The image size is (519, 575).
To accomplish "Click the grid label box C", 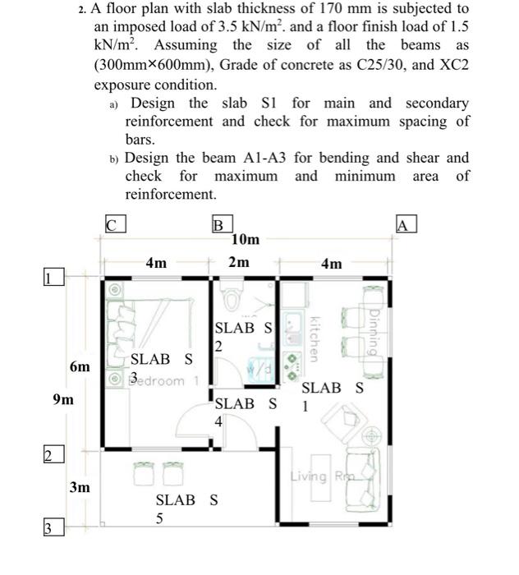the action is (114, 223).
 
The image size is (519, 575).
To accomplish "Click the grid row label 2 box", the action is (51, 455).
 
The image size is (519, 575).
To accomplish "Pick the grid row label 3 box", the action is (51, 528).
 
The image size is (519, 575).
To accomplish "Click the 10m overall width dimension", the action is (245, 240).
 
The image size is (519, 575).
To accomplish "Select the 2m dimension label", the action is (238, 263).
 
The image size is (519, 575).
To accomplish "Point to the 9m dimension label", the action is (62, 400).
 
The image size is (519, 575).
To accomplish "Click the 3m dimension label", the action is (80, 487).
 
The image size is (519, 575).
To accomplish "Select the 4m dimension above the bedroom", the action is (156, 263).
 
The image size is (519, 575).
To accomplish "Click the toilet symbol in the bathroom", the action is (232, 301).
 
